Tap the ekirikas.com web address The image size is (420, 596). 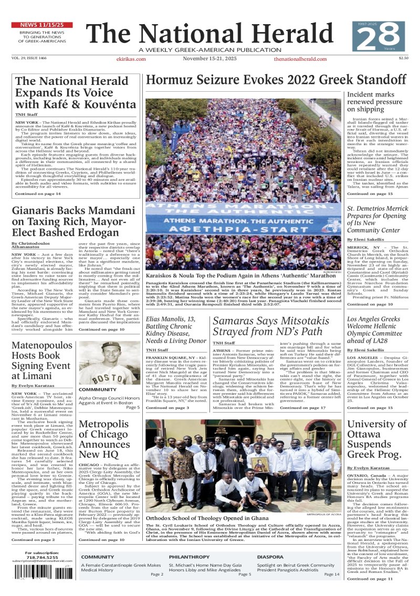click(131, 59)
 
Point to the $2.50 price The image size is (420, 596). click(403, 58)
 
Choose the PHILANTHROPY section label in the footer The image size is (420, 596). click(190, 557)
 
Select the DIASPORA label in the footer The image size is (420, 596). click(270, 557)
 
